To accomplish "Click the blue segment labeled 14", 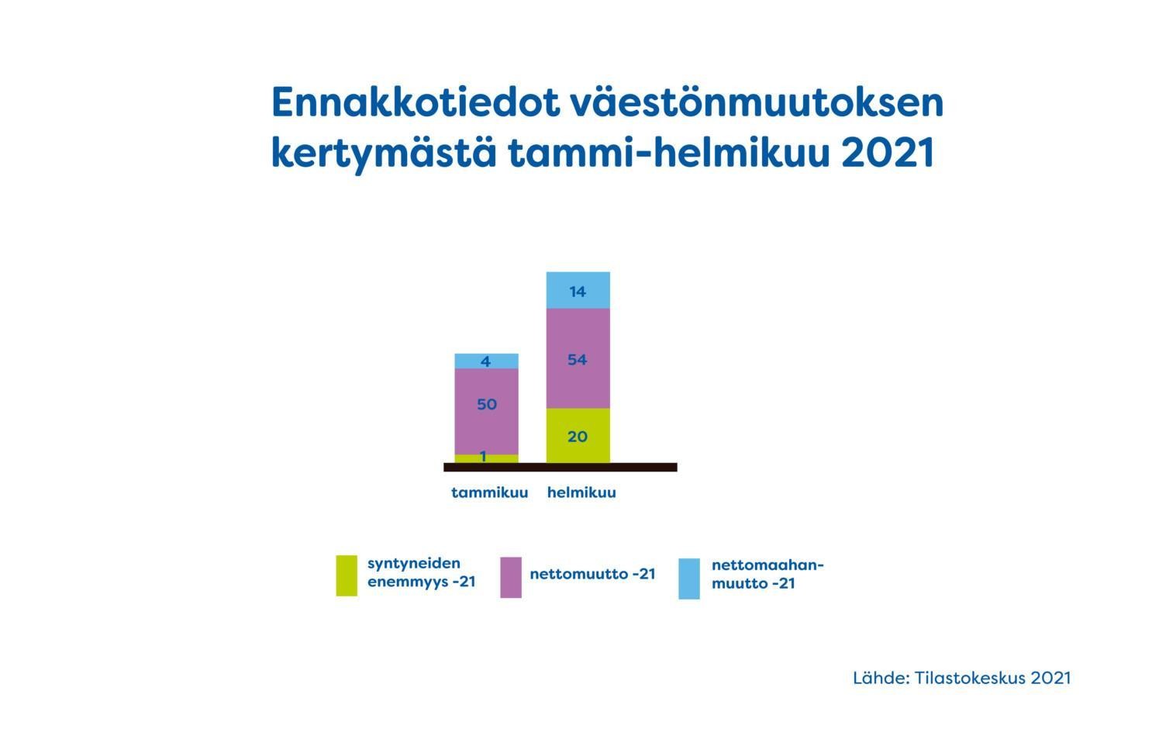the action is pyautogui.click(x=578, y=290).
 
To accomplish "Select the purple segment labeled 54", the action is pyautogui.click(x=578, y=358).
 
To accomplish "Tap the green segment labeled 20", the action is pyautogui.click(x=578, y=436).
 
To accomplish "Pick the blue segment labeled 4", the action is pyautogui.click(x=487, y=361).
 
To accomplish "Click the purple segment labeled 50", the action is pyautogui.click(x=487, y=412).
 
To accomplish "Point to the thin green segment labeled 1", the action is pyautogui.click(x=487, y=458).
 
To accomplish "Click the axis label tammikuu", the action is pyautogui.click(x=490, y=492).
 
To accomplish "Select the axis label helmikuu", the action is pyautogui.click(x=581, y=492).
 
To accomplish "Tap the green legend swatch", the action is pyautogui.click(x=347, y=575).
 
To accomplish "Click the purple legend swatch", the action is pyautogui.click(x=511, y=577).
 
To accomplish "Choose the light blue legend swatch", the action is pyautogui.click(x=689, y=578).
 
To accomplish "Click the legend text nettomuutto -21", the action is pyautogui.click(x=592, y=574).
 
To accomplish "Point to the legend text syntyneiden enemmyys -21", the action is pyautogui.click(x=421, y=572).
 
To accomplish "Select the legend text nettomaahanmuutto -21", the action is pyautogui.click(x=767, y=574).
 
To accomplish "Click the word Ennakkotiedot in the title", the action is pyautogui.click(x=416, y=102).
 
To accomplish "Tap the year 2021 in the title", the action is pyautogui.click(x=888, y=153).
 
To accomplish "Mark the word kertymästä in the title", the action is pyautogui.click(x=384, y=154).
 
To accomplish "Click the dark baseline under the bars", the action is pyautogui.click(x=560, y=467).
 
